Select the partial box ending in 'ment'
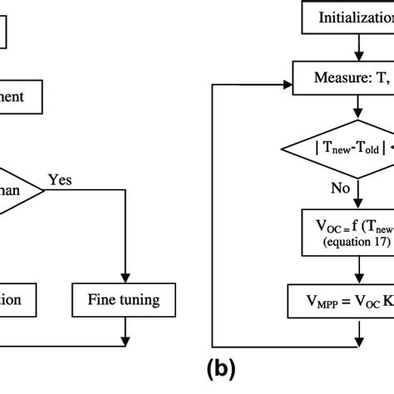[21, 96]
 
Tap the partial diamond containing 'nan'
[21, 167]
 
